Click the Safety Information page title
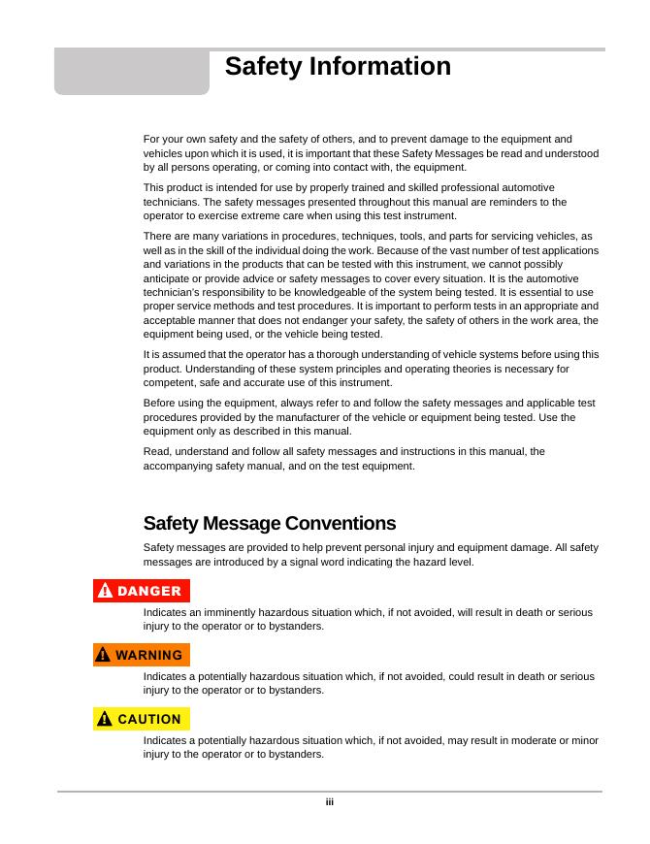(x=338, y=67)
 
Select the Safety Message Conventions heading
(x=270, y=524)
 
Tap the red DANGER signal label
(x=142, y=591)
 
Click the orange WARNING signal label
(x=142, y=655)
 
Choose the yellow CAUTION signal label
(x=142, y=719)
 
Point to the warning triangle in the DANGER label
(x=105, y=591)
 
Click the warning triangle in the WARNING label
(x=104, y=655)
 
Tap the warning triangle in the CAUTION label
(x=104, y=719)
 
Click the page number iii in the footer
(x=330, y=802)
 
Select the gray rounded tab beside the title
(x=131, y=72)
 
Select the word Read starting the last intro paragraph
(x=155, y=451)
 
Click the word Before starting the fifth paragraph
(x=159, y=403)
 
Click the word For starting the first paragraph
(x=152, y=139)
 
